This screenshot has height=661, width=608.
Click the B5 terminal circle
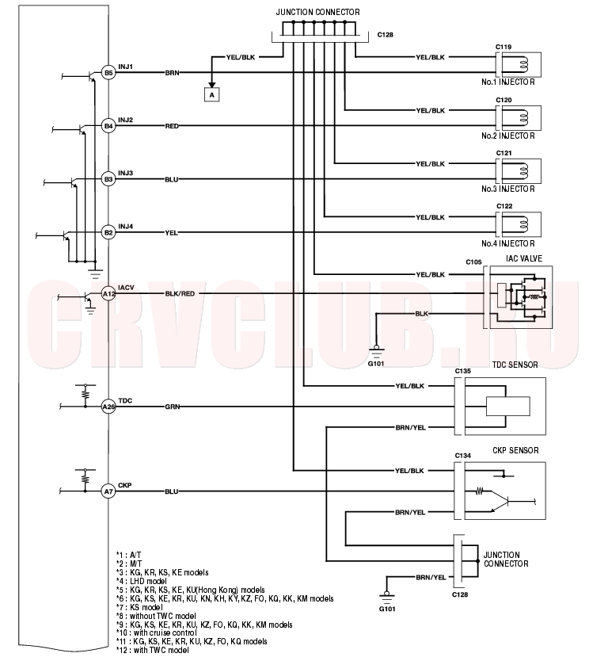(x=108, y=72)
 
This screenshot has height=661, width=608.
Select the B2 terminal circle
(x=108, y=232)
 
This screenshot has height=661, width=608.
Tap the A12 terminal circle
(x=108, y=294)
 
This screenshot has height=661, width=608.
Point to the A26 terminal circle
(x=108, y=407)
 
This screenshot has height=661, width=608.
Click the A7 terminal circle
(x=108, y=491)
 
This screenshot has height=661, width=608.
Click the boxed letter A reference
(x=212, y=95)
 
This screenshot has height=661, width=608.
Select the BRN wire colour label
(x=173, y=73)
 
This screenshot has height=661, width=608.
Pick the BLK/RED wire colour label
(x=180, y=294)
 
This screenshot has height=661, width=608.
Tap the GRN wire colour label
(x=173, y=407)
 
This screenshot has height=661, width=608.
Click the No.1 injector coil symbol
(x=523, y=64)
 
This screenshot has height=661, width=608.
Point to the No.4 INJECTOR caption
(x=507, y=243)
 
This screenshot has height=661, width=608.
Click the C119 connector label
(x=503, y=47)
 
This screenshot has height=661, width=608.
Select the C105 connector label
(x=473, y=262)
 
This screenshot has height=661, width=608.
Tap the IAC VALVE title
(x=524, y=258)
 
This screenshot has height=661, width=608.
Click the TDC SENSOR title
(x=515, y=365)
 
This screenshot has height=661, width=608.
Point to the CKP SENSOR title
(x=516, y=450)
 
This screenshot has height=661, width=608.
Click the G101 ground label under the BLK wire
(x=376, y=363)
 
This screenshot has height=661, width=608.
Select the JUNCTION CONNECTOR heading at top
(x=318, y=12)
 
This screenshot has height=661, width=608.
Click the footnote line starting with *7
(x=139, y=607)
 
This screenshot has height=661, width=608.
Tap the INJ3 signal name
(x=125, y=174)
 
